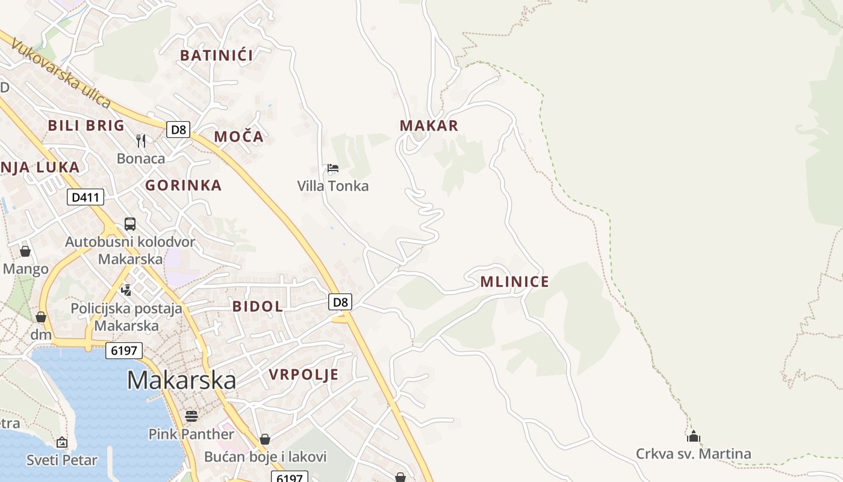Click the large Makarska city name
(x=181, y=380)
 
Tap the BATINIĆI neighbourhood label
(x=216, y=55)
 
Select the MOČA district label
(x=238, y=137)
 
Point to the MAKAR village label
(x=429, y=126)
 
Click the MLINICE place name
(x=514, y=281)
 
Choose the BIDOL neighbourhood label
(x=258, y=306)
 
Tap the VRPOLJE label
(x=303, y=375)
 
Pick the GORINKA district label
(x=183, y=186)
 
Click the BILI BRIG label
(x=86, y=126)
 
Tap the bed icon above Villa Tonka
(x=333, y=168)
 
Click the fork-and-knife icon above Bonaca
(x=141, y=141)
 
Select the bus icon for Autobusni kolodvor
(x=130, y=224)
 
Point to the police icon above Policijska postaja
(x=126, y=290)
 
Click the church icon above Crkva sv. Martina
(x=694, y=436)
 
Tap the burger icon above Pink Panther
(x=191, y=416)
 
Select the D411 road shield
(x=85, y=197)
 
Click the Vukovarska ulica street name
(x=61, y=74)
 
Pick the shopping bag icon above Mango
(x=25, y=251)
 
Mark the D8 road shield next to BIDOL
(x=340, y=302)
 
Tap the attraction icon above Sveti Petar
(x=61, y=443)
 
